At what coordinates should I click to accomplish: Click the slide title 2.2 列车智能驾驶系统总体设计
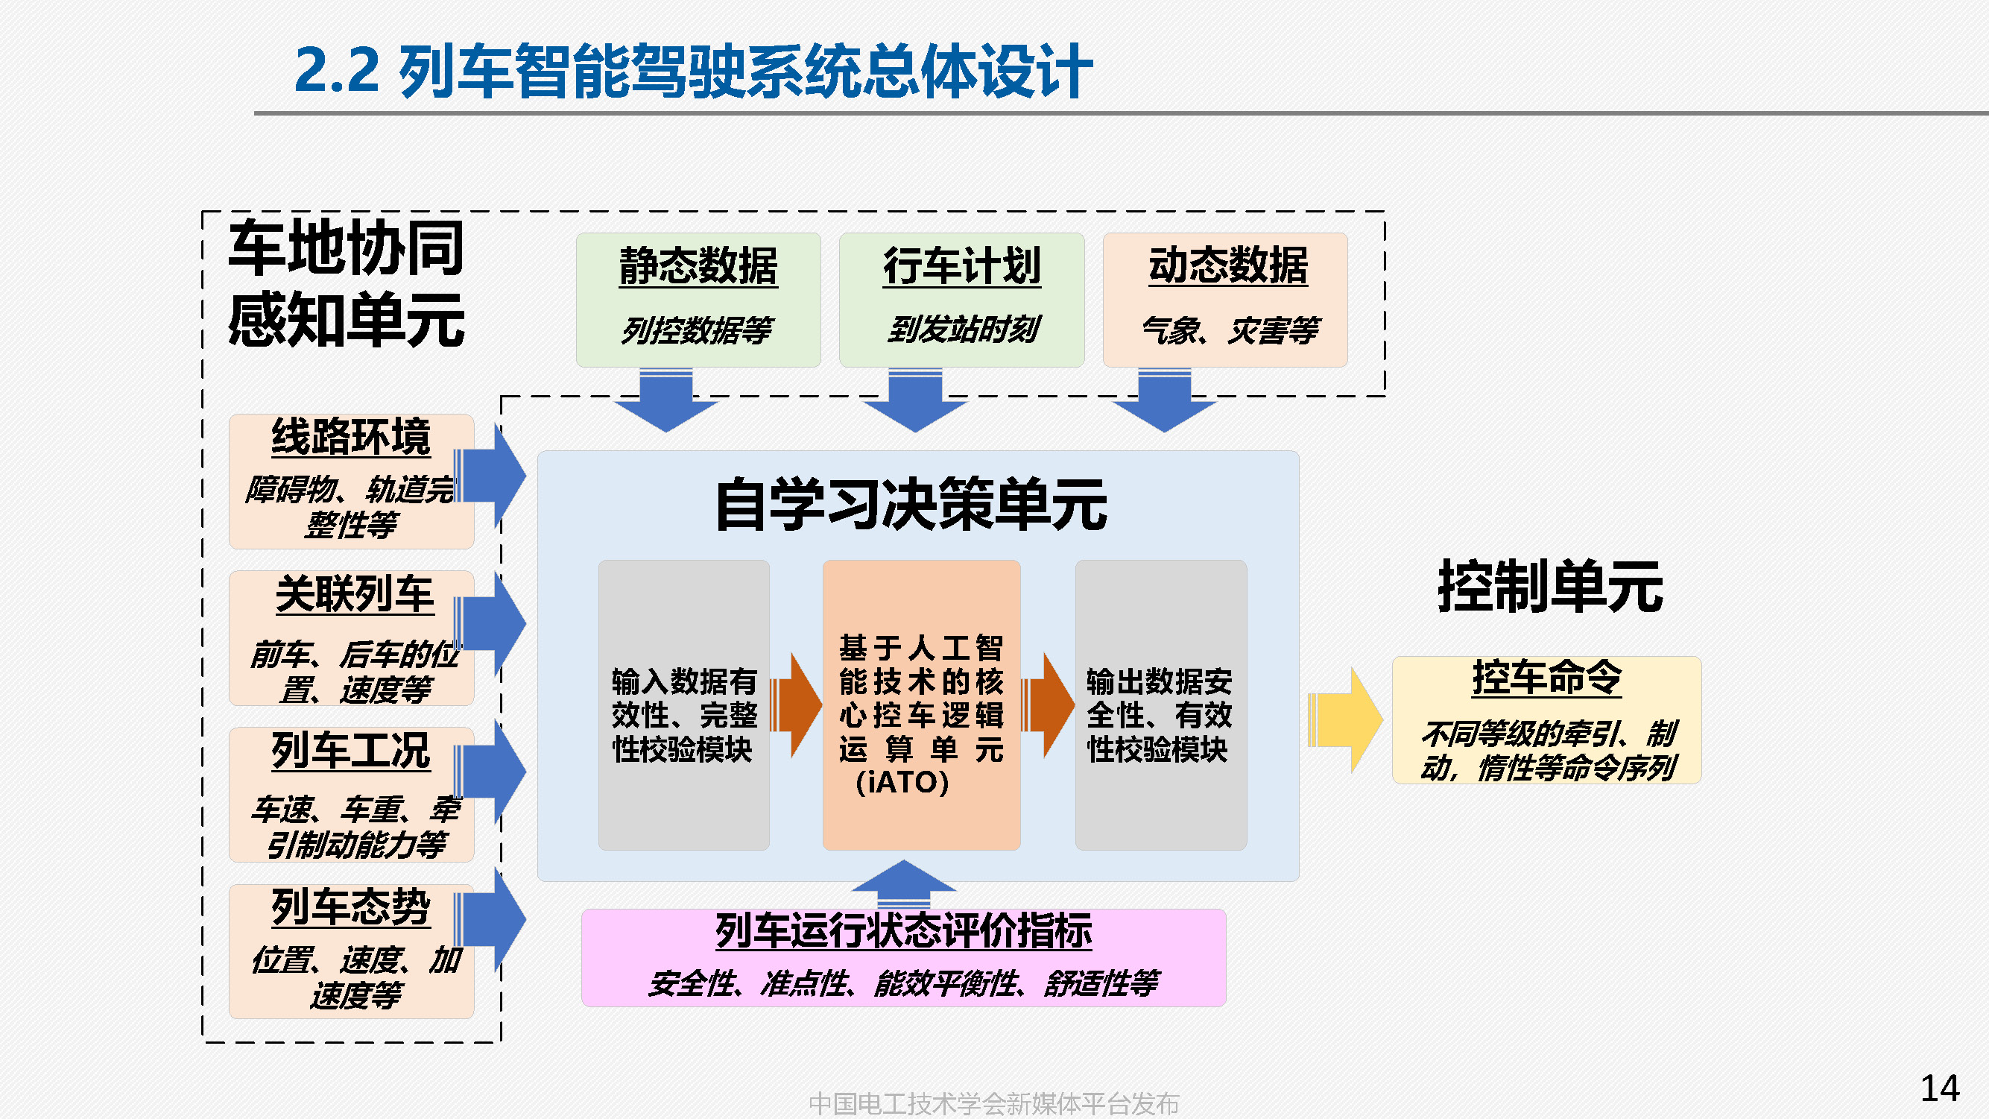pos(692,71)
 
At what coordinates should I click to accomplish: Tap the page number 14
pos(1939,1088)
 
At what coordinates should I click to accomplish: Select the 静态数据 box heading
pos(698,266)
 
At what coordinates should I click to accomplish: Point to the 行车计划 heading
pos(961,266)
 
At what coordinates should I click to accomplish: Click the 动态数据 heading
pos(1227,266)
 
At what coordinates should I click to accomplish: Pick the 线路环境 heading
pos(350,437)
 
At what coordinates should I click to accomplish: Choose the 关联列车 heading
pos(355,595)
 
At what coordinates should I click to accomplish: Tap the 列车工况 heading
pos(350,751)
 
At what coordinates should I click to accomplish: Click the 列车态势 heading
pos(350,907)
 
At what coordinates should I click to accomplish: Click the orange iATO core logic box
pos(921,705)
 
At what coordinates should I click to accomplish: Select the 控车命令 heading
pos(1546,678)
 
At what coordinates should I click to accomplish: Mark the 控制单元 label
pos(1549,587)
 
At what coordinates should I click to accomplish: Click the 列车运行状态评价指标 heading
pos(903,930)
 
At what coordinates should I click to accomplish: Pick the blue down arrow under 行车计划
pos(915,402)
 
